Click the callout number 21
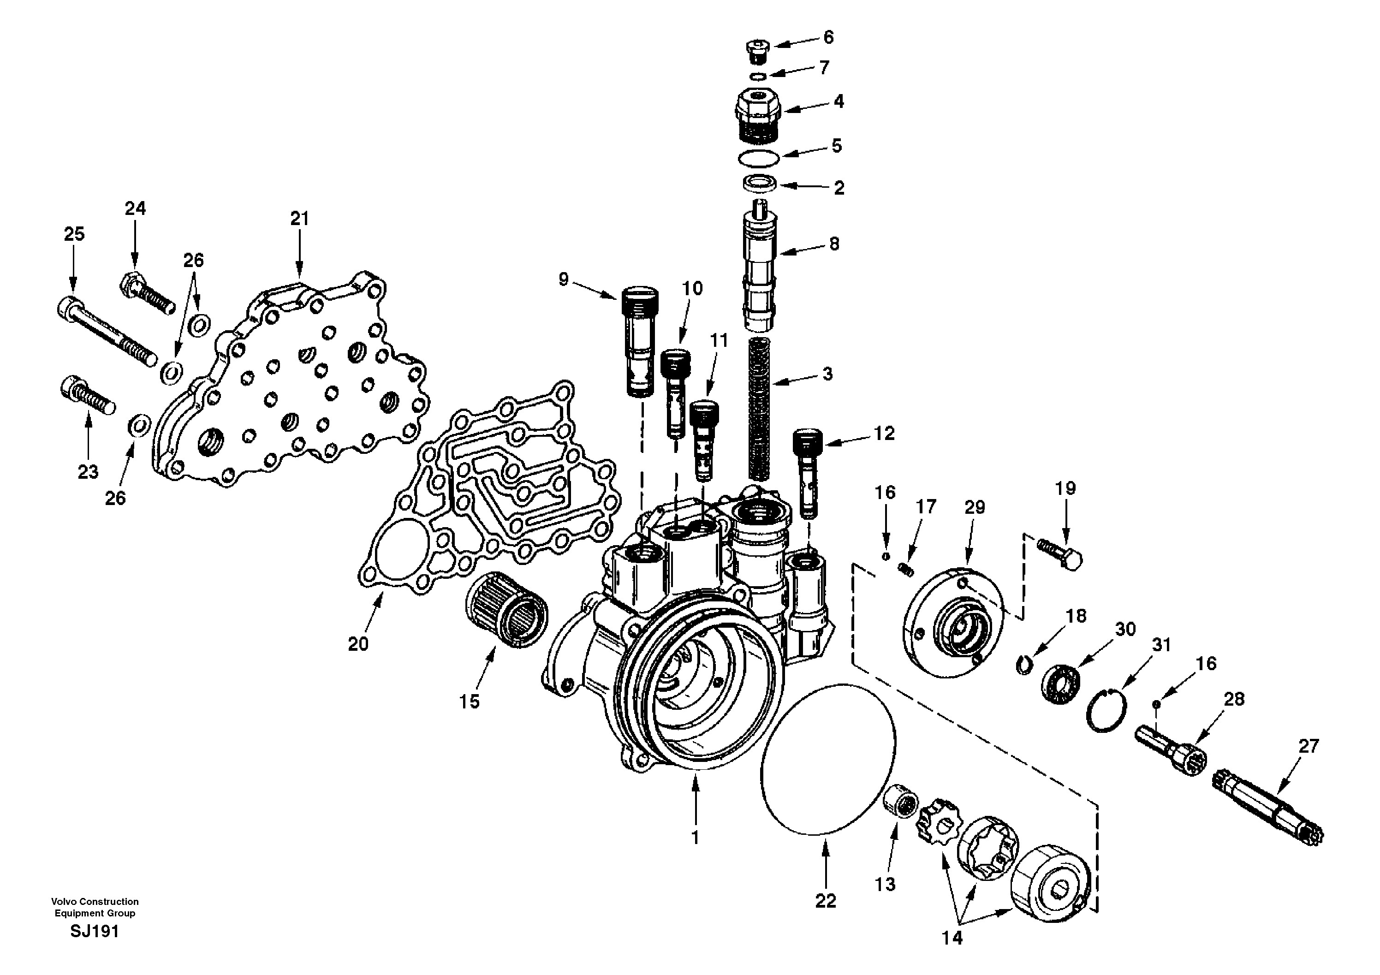pos(299,219)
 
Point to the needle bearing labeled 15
pos(507,610)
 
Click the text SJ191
pos(95,932)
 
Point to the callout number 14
pos(952,938)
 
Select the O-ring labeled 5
pos(760,157)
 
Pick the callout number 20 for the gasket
pos(358,644)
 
